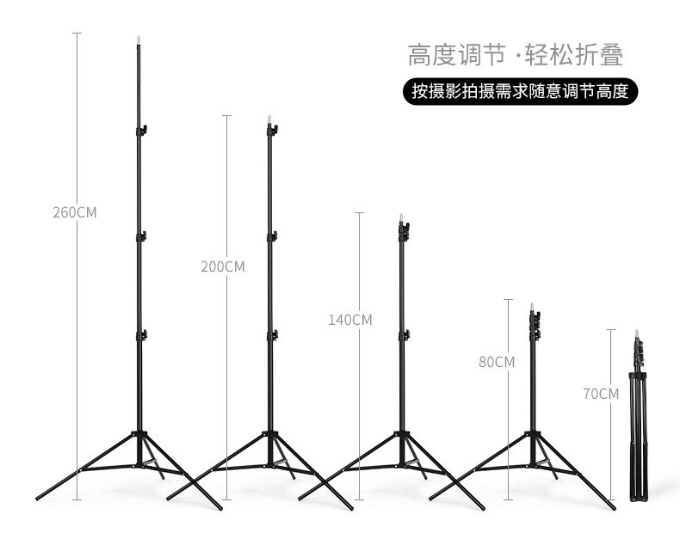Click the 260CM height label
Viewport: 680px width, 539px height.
[74, 212]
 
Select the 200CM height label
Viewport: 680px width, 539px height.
[222, 266]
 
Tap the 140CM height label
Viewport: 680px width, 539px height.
[349, 320]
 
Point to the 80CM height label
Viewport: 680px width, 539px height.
[497, 362]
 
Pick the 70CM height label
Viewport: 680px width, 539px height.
[601, 395]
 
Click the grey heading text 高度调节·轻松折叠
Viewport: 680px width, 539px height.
[515, 55]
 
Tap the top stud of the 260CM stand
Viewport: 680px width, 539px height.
[139, 39]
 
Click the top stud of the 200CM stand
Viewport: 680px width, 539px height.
[270, 119]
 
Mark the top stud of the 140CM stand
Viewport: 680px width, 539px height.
[402, 218]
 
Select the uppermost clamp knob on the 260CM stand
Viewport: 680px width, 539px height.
[141, 131]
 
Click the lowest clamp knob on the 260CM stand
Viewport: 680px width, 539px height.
[141, 335]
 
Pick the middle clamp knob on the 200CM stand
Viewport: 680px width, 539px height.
[272, 236]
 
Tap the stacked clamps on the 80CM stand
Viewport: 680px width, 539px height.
[534, 325]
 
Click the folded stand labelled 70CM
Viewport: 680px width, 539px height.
[637, 421]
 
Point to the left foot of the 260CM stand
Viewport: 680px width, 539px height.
[40, 497]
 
